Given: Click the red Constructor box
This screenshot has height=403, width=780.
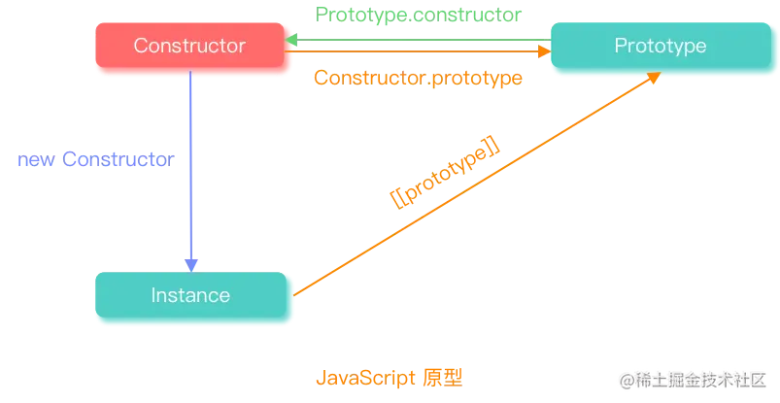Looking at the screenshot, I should pyautogui.click(x=190, y=47).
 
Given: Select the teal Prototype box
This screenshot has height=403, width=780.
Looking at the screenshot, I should pyautogui.click(x=660, y=47).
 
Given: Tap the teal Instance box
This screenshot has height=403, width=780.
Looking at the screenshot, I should pyautogui.click(x=191, y=295).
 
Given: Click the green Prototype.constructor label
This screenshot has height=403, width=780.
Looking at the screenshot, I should pyautogui.click(x=419, y=15).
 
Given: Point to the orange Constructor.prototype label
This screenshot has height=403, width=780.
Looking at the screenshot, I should pyautogui.click(x=419, y=79).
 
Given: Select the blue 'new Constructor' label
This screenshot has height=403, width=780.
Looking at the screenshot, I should pyautogui.click(x=95, y=161).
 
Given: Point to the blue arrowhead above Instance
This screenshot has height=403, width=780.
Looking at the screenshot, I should pyautogui.click(x=192, y=263).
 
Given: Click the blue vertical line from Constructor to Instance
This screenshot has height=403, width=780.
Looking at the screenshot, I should pyautogui.click(x=191, y=165).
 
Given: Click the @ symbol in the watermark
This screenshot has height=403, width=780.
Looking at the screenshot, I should pyautogui.click(x=625, y=379).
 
